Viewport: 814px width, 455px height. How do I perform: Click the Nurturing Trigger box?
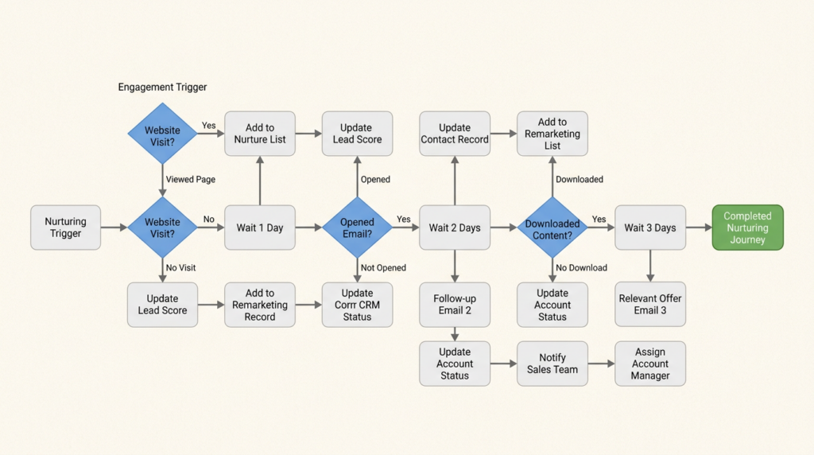coord(66,227)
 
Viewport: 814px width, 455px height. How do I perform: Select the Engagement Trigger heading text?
coord(162,87)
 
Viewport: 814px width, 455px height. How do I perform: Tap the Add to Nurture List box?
coord(260,134)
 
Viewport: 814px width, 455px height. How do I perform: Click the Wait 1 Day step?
coord(260,227)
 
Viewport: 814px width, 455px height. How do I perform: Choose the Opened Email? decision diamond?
coord(357,227)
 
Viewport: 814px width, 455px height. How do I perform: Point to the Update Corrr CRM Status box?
coord(357,305)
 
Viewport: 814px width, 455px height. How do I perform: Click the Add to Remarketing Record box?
coord(260,305)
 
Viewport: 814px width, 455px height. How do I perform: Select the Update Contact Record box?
coord(455,134)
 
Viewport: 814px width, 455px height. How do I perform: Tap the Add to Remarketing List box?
coord(552,134)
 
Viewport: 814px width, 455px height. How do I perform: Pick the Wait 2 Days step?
coord(455,227)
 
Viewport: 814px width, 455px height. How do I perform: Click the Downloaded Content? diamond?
coord(552,227)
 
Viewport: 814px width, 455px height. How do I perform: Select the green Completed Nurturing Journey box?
coord(747,227)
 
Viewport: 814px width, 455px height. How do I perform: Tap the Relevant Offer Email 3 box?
coord(650,305)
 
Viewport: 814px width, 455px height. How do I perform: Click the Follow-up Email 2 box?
coord(455,305)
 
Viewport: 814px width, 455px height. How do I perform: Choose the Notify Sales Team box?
coord(552,364)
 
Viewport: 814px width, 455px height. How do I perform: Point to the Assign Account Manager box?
coord(650,364)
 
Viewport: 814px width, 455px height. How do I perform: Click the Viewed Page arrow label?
coord(190,180)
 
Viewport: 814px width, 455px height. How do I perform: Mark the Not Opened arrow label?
coord(383,268)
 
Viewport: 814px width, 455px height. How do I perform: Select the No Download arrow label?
coord(581,268)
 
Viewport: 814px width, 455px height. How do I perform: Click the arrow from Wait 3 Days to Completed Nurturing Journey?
coord(698,227)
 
